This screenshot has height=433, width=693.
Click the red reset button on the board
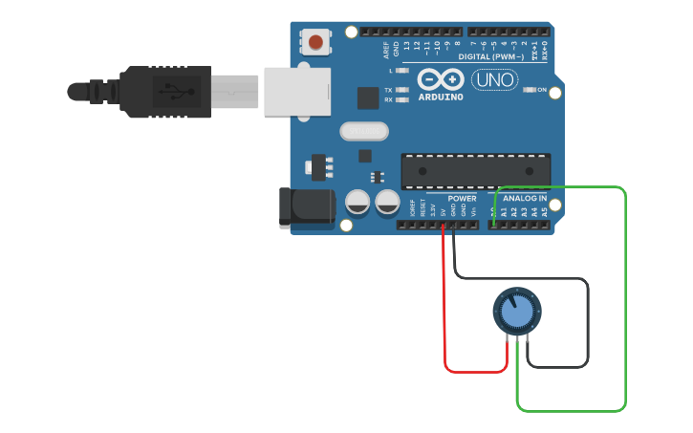pyautogui.click(x=315, y=41)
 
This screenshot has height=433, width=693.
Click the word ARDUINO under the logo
pyautogui.click(x=441, y=97)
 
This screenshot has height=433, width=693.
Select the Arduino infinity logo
pyautogui.click(x=440, y=79)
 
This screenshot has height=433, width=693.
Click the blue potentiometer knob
pyautogui.click(x=516, y=313)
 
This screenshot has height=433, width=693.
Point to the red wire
pyautogui.click(x=446, y=325)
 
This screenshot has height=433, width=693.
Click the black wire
pyautogui.click(x=586, y=325)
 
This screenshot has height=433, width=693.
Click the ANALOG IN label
pyautogui.click(x=526, y=199)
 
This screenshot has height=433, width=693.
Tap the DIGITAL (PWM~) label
pyautogui.click(x=490, y=57)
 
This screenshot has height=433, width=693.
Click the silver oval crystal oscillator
pyautogui.click(x=364, y=131)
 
